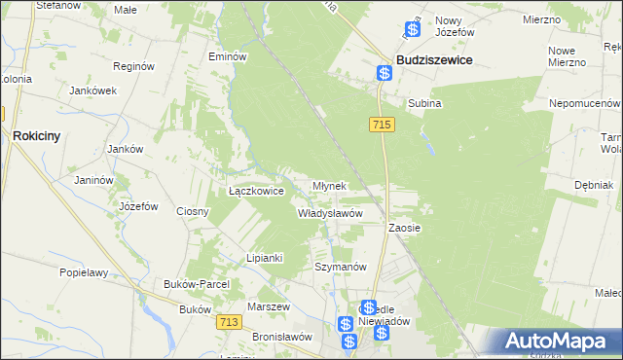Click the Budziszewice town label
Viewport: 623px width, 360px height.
click(x=434, y=59)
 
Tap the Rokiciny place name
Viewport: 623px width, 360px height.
click(x=37, y=137)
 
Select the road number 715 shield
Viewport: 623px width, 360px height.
click(x=382, y=125)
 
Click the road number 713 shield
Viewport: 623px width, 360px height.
click(x=230, y=322)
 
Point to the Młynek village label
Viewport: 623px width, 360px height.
click(x=329, y=185)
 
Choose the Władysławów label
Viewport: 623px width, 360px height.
click(x=330, y=212)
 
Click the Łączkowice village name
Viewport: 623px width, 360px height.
click(x=256, y=192)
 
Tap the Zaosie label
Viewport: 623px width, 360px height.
click(x=404, y=227)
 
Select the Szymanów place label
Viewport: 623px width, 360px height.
click(x=340, y=267)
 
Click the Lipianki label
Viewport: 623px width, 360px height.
click(x=264, y=258)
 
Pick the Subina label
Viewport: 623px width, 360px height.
click(x=424, y=102)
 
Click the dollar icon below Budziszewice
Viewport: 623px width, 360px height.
click(x=385, y=73)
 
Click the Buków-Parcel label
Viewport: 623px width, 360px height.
click(x=198, y=283)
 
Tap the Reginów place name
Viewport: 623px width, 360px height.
click(x=134, y=67)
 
